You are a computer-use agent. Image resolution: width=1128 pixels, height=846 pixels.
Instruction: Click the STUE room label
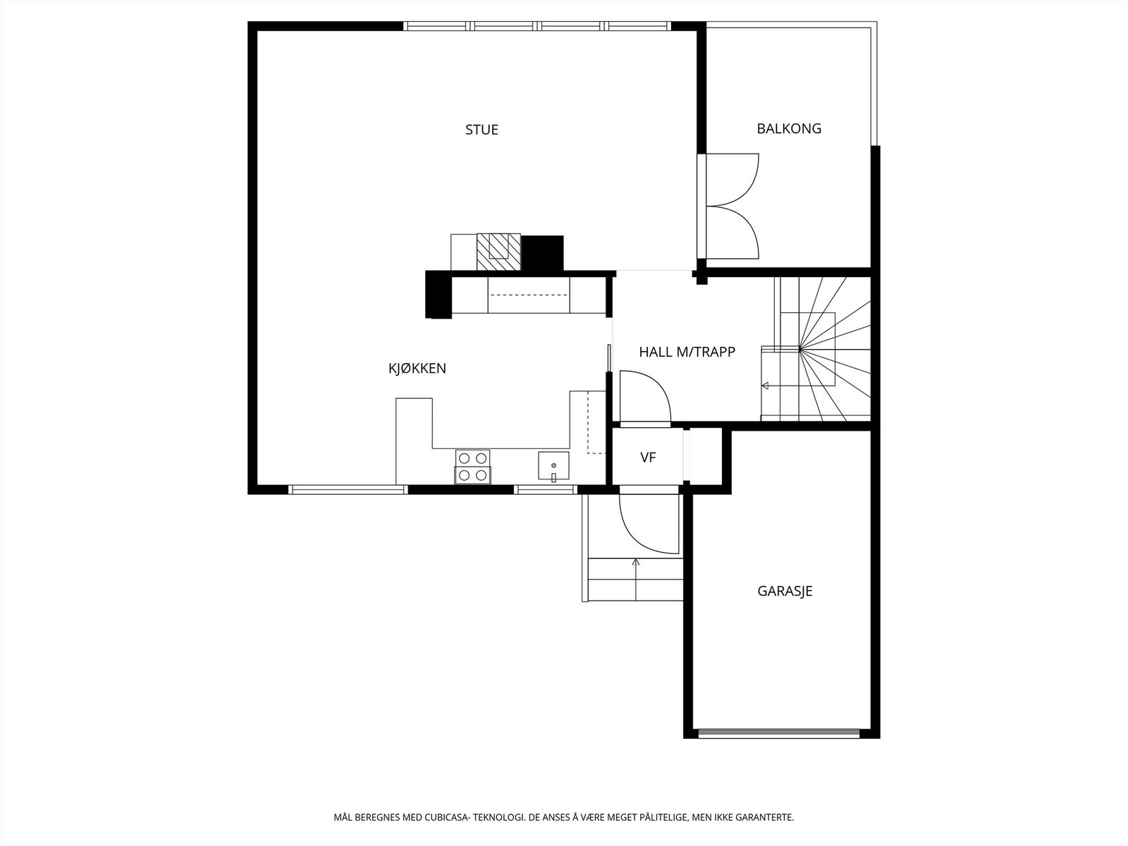[482, 130]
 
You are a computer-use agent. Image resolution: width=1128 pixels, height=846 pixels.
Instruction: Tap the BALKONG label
[789, 128]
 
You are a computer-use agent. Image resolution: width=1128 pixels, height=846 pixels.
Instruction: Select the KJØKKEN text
[417, 368]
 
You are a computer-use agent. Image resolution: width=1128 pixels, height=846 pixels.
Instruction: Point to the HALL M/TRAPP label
[687, 352]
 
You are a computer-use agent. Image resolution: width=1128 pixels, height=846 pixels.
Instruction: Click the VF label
[648, 458]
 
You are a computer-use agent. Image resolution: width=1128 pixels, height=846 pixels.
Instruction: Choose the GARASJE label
[785, 591]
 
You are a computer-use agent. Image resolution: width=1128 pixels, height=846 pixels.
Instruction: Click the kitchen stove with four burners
[472, 466]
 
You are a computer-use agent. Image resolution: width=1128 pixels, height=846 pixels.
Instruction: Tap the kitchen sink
[553, 466]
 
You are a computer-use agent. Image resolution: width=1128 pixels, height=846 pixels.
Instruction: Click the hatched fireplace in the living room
[498, 251]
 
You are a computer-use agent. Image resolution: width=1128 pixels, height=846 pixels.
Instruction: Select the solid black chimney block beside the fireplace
[542, 252]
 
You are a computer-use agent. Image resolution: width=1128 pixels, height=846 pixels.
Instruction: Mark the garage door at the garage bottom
[778, 732]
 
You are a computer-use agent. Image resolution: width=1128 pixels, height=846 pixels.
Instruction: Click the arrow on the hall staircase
[765, 386]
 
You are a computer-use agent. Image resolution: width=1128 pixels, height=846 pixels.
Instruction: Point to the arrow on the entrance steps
[636, 563]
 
